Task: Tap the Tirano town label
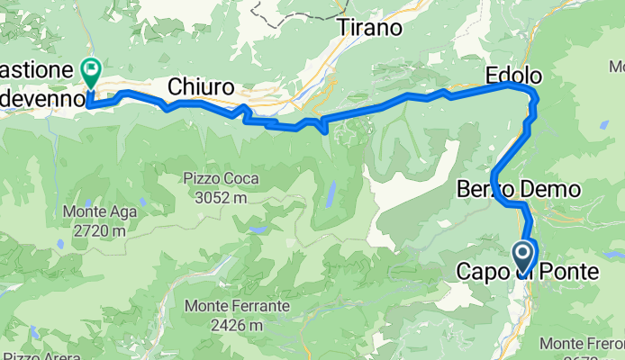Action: pos(369,28)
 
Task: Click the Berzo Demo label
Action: pos(520,190)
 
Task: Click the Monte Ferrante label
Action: pos(237,306)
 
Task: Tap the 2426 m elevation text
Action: pos(237,324)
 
